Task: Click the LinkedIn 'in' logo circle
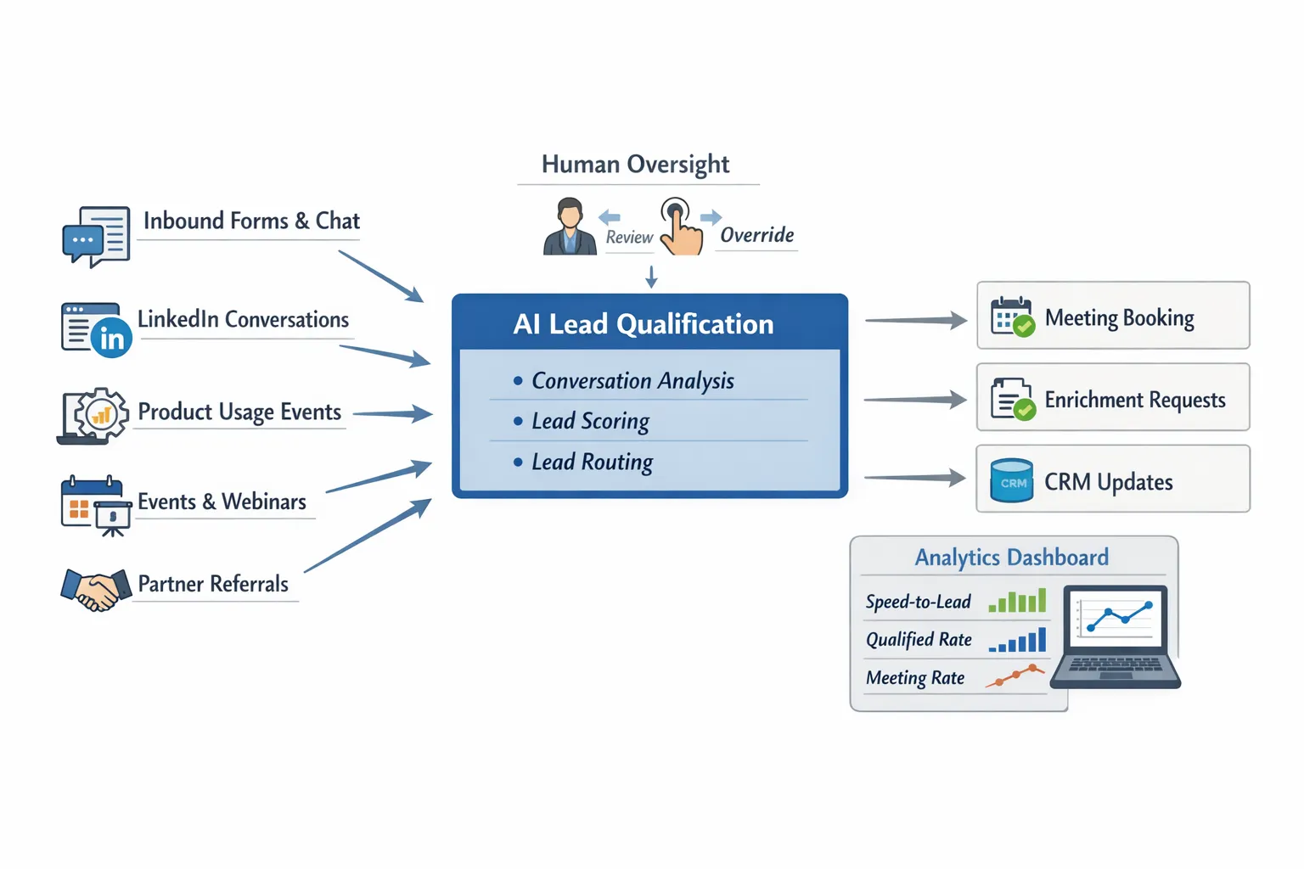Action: tap(111, 338)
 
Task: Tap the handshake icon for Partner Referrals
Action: tap(95, 588)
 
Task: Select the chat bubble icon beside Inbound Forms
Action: tap(83, 242)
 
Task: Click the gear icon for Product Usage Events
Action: tap(101, 414)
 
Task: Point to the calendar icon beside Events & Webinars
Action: tap(89, 502)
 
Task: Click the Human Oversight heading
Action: tap(635, 164)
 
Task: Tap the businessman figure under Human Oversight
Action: tap(570, 227)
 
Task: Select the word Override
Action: tap(756, 235)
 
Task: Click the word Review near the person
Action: tap(629, 238)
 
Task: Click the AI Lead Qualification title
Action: tap(644, 324)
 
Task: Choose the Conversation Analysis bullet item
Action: tap(632, 381)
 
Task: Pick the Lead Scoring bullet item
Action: tap(590, 421)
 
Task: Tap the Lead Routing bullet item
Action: tap(592, 462)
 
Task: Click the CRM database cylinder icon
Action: tap(1012, 481)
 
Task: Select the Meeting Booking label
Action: tap(1119, 318)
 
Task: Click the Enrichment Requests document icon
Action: tap(1012, 399)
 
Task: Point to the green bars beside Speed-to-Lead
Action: tap(1018, 602)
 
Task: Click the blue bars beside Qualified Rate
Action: tap(1018, 641)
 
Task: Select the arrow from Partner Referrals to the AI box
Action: tap(368, 535)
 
